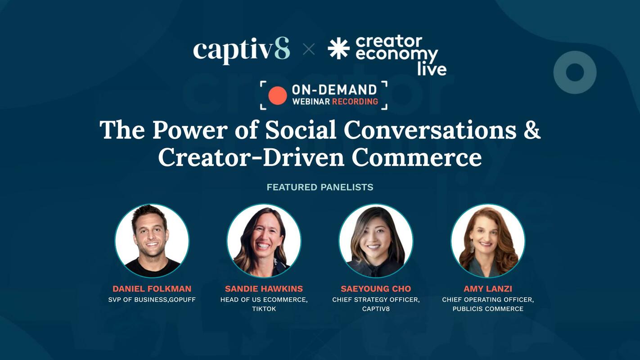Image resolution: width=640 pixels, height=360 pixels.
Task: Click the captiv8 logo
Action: (241, 49)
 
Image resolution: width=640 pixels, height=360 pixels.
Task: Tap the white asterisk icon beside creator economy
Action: (338, 49)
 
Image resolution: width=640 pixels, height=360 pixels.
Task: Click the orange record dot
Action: (277, 95)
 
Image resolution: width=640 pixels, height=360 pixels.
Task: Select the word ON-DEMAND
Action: (334, 89)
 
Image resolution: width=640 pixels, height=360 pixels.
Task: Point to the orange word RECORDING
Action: (355, 101)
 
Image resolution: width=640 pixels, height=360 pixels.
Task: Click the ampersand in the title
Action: (532, 130)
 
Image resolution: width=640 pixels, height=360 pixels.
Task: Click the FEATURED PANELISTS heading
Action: (320, 187)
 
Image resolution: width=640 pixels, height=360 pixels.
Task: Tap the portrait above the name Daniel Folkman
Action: (152, 240)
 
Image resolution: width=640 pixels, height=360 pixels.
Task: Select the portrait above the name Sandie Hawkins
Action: (264, 240)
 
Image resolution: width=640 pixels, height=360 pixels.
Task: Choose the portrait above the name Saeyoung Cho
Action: (376, 240)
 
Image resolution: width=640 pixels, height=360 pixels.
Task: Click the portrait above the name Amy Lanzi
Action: (488, 240)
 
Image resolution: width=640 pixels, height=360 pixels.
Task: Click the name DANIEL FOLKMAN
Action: (152, 289)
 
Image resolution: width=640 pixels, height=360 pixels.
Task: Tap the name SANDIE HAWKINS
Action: (264, 289)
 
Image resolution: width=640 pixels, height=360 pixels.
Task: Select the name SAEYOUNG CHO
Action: (376, 289)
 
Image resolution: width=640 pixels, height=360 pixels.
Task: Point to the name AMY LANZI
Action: (488, 289)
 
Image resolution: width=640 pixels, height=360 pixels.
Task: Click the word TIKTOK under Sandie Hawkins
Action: (264, 309)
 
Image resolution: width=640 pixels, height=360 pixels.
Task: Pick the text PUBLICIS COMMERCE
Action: (488, 309)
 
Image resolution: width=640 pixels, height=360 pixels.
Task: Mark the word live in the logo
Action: (432, 69)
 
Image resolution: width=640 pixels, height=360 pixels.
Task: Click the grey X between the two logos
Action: (309, 49)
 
